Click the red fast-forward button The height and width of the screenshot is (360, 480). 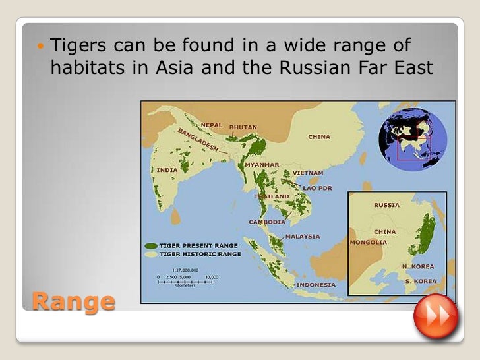pos(436,317)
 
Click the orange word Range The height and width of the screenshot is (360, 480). pos(73,301)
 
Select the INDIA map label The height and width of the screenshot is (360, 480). pos(167,169)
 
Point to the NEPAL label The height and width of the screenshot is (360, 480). pos(212,125)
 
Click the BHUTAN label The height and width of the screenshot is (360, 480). pos(243,127)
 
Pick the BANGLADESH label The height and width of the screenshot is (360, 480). pos(197,139)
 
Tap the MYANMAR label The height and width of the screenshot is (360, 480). pos(262,164)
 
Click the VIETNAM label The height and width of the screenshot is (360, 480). pos(308,173)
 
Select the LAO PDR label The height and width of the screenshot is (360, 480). pos(317,188)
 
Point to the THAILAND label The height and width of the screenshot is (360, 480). pos(272,196)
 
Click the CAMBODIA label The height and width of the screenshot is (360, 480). pos(267,222)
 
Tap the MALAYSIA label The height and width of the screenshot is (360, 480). pos(303,236)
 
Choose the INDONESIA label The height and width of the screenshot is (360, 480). pos(316,285)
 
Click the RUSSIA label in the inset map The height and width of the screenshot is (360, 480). pos(386,205)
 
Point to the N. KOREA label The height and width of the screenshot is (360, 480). pos(419,266)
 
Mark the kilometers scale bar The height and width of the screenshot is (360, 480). pos(185,281)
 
